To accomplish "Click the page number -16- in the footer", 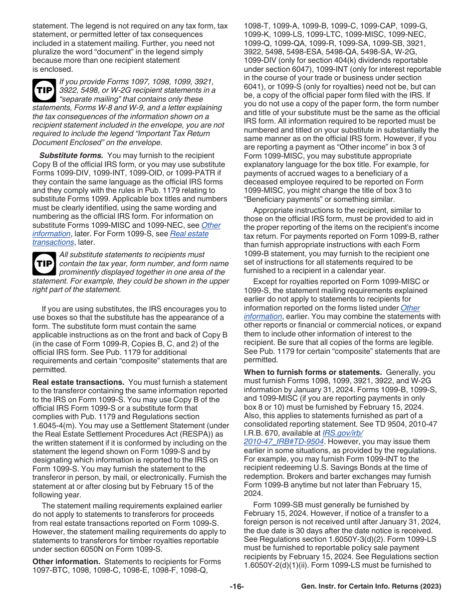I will [237, 587].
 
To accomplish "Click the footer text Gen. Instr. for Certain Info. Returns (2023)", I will [371, 587].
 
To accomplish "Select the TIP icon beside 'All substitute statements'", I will [44, 263].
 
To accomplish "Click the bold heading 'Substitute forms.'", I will [71, 155].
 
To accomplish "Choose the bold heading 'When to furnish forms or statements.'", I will [313, 372].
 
